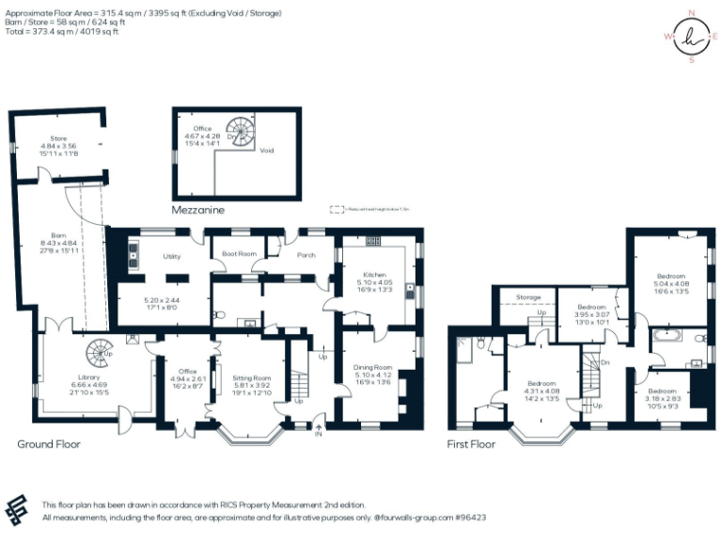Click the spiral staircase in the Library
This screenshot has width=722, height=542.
point(98,355)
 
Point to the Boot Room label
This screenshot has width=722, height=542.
point(239,254)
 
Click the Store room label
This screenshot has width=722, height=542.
point(58,140)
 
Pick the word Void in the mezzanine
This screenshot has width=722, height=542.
point(267,149)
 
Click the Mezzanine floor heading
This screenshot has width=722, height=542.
point(197,211)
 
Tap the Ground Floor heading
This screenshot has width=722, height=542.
point(49,443)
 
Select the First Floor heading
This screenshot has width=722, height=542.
point(471,443)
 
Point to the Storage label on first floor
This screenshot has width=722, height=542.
point(528,297)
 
